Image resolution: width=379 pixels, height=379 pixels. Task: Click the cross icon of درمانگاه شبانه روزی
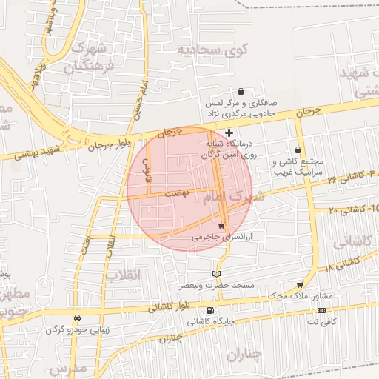click(x=229, y=133)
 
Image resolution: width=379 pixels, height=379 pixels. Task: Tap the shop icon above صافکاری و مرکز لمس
click(x=241, y=91)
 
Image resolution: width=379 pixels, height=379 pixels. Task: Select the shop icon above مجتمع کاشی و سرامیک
click(x=298, y=150)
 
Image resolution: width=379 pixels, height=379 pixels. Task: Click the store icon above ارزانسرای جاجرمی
click(x=221, y=226)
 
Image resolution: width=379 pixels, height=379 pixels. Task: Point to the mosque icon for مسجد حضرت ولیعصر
click(x=216, y=274)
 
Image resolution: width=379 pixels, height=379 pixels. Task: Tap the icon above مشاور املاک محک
click(x=300, y=285)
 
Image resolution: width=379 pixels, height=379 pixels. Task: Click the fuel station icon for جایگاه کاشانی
click(x=211, y=311)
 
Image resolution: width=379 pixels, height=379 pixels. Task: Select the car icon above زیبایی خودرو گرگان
click(x=77, y=318)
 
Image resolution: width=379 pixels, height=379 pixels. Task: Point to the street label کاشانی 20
click(x=343, y=210)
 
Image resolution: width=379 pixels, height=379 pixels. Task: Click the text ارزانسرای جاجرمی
click(x=216, y=238)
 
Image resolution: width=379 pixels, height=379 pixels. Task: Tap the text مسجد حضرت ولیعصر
click(x=216, y=285)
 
